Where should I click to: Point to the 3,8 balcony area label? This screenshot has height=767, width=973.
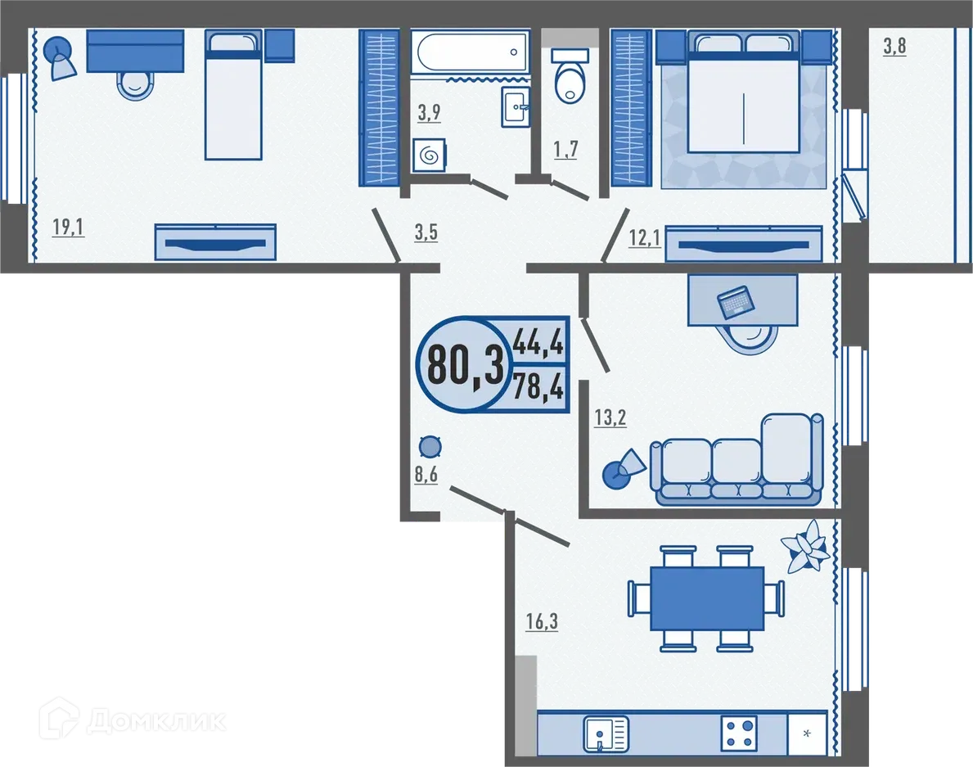[894, 47]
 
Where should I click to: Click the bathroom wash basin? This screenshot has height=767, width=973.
[515, 106]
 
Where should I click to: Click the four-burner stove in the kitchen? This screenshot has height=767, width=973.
[739, 733]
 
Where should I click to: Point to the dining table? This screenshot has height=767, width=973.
[707, 598]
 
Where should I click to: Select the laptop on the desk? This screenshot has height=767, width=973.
[735, 302]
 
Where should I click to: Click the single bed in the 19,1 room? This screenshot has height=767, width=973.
[232, 95]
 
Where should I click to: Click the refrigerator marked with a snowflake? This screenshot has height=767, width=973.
[806, 733]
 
